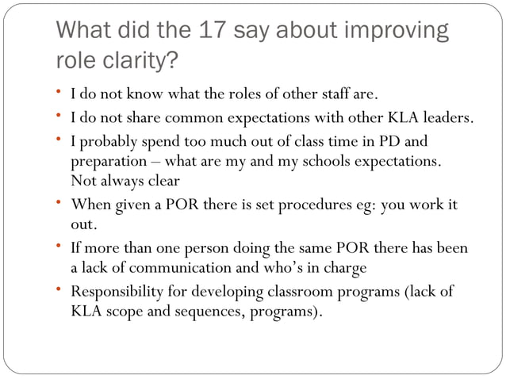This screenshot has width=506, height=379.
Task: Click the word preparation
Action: [109, 161]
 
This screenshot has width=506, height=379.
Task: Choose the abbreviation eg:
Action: [366, 205]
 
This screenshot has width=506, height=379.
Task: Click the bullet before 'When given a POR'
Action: [62, 203]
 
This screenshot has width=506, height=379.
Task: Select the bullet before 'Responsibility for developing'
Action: [62, 290]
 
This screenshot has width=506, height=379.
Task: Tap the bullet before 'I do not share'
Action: [62, 117]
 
